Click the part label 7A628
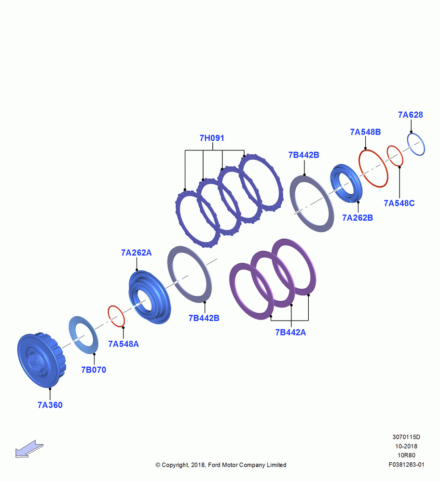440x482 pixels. pos(411,115)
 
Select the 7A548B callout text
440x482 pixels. pos(366,132)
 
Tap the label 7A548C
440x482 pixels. pos(399,203)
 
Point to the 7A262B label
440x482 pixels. pos(357,218)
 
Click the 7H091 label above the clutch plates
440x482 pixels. pos(212,138)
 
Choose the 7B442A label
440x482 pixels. pos(290,332)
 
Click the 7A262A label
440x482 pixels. pos(137,253)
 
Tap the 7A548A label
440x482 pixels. pos(124,344)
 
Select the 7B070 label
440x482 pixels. pos(94,370)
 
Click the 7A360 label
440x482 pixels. pos(50,405)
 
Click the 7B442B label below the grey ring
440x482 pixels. pos(204,318)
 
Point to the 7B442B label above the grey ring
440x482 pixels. pos(303,155)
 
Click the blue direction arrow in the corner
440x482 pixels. pos(29,449)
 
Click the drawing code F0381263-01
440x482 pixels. pos(406,465)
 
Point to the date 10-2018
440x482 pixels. pos(406,446)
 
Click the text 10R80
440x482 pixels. pos(406,455)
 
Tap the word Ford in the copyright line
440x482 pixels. pos(215,465)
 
